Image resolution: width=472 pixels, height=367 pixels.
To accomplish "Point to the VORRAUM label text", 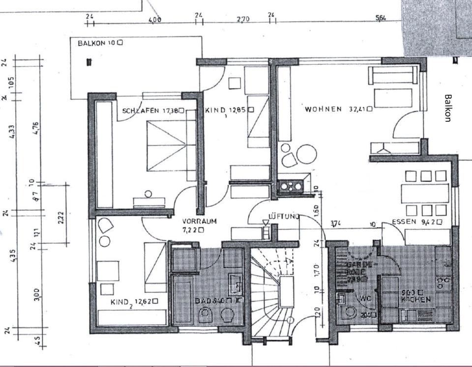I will point(199,221).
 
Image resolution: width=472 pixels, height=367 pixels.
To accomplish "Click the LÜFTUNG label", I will point(284,216).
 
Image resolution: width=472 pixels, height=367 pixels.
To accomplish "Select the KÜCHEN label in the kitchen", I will point(416,299).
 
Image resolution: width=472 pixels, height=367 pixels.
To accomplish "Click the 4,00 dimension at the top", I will point(154,20).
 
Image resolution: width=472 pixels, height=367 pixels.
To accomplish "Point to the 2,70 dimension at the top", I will point(243,19).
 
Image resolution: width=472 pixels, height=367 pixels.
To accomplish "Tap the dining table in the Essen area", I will point(425,193).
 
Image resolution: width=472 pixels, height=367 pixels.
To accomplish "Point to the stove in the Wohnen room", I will point(290,186).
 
